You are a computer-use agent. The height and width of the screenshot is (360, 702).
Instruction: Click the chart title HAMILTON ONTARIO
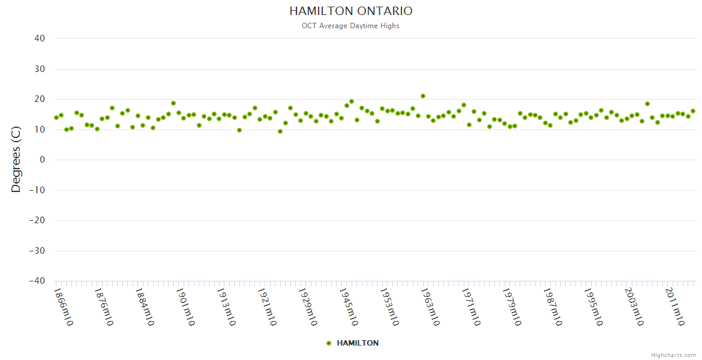(x=351, y=11)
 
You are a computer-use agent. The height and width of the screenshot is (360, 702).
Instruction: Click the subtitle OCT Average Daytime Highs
(x=351, y=26)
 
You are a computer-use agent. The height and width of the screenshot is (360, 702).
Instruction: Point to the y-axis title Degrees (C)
(x=16, y=160)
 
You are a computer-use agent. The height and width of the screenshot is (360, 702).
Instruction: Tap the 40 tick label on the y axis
(x=40, y=38)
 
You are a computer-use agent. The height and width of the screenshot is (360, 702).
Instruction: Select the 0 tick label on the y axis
(x=43, y=160)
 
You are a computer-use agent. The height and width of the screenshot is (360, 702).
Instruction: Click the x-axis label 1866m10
(x=64, y=307)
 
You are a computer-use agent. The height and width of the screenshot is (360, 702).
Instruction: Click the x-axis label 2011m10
(x=676, y=307)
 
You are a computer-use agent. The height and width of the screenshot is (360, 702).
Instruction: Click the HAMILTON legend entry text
(x=358, y=343)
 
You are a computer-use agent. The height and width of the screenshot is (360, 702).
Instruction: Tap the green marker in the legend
(x=329, y=343)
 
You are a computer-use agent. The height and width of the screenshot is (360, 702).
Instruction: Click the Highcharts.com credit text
(x=673, y=355)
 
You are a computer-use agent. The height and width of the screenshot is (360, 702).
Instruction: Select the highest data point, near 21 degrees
(x=423, y=96)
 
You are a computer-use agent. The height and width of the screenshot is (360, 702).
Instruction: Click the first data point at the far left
(x=56, y=118)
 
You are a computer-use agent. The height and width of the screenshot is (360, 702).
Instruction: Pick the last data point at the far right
(x=693, y=111)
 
